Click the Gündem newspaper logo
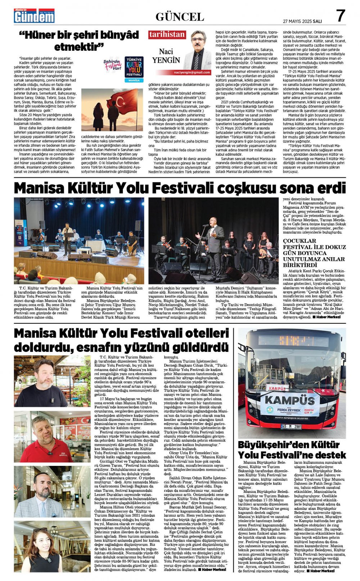34,16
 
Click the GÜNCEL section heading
180,17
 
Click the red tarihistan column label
167,35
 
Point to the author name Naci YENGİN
166,56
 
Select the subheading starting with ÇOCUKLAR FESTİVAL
314,253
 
